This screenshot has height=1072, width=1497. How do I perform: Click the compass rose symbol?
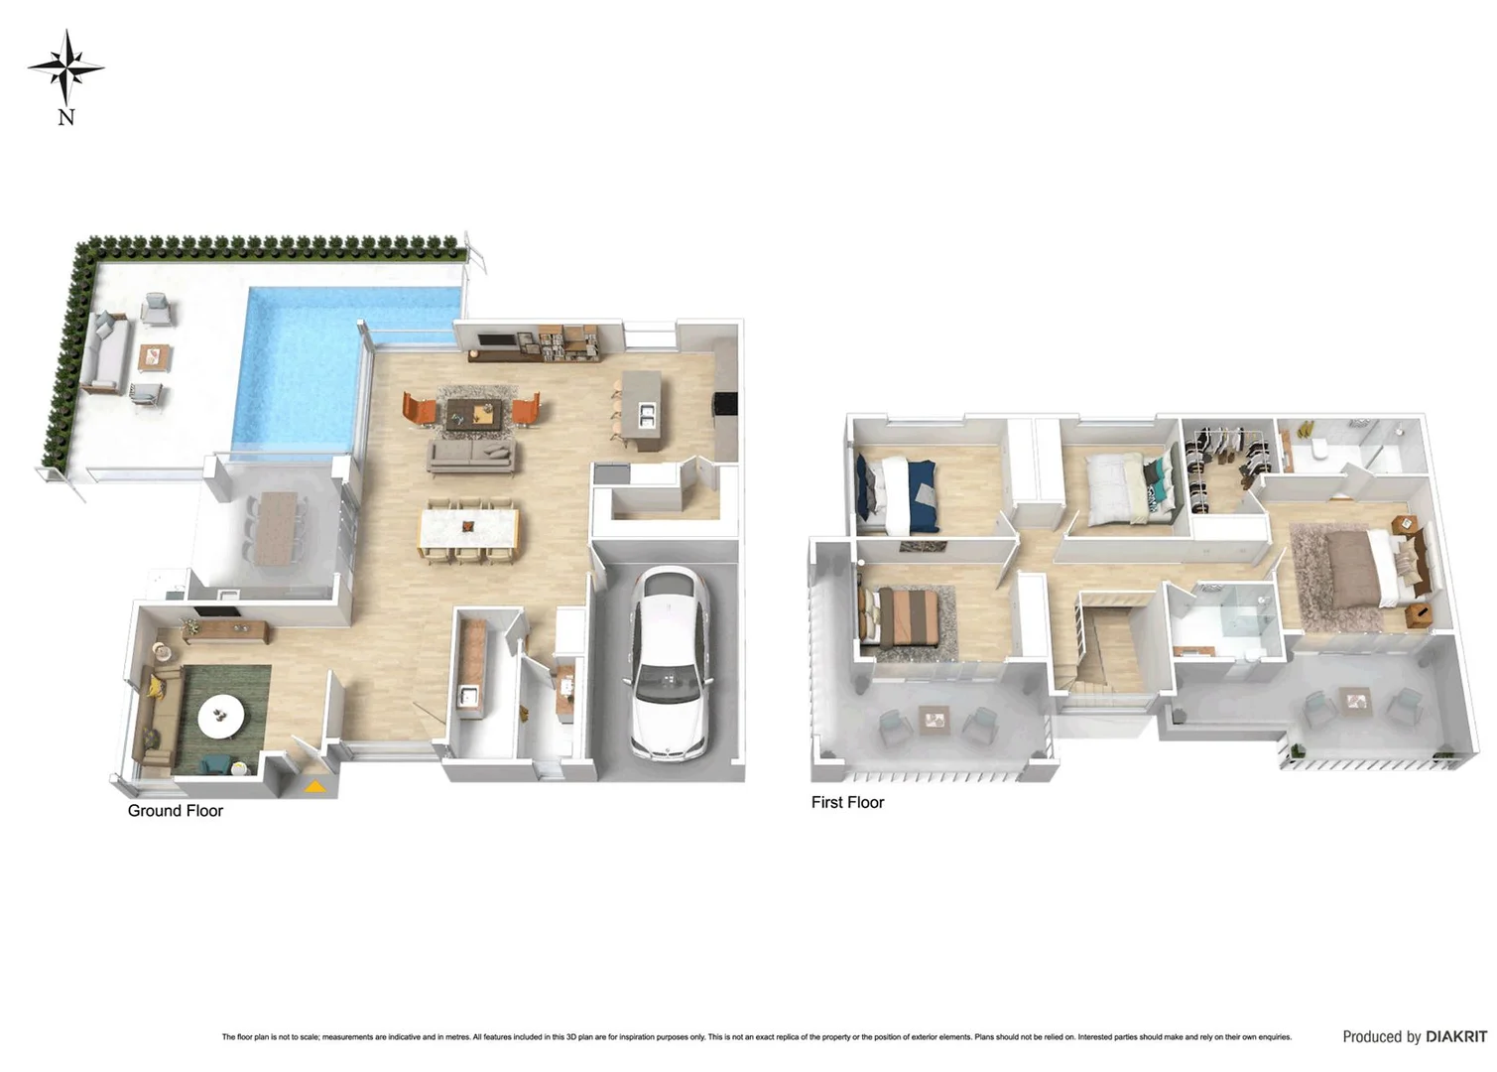tap(65, 67)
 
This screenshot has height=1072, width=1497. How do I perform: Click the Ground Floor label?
tap(175, 811)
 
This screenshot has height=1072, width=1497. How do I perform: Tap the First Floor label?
tap(847, 802)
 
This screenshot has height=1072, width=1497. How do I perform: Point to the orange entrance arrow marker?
tap(313, 787)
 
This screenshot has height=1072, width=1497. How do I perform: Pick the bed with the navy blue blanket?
tap(899, 492)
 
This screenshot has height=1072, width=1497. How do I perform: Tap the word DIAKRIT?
tap(1456, 1036)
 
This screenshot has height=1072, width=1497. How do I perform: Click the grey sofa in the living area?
tap(471, 456)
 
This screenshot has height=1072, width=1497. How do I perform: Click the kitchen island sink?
tap(646, 415)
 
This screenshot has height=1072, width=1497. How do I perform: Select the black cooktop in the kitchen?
tap(725, 403)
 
